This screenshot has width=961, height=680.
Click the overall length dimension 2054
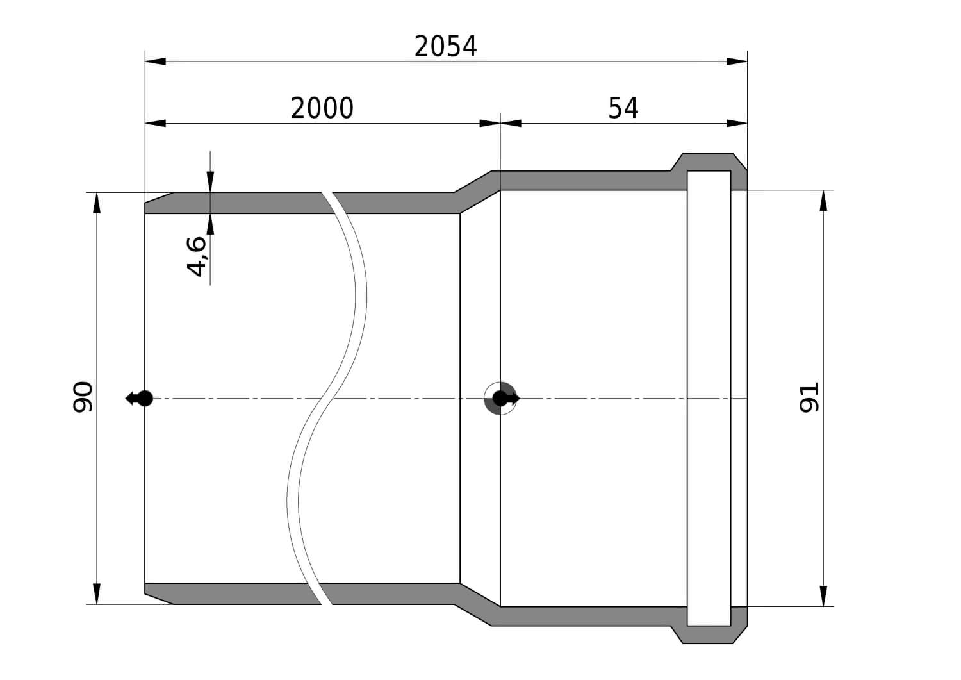pyautogui.click(x=445, y=47)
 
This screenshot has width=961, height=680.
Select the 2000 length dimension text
pyautogui.click(x=322, y=108)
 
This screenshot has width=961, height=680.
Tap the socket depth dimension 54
pyautogui.click(x=623, y=108)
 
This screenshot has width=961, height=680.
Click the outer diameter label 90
pyautogui.click(x=83, y=397)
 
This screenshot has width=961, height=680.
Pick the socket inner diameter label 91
pyautogui.click(x=809, y=397)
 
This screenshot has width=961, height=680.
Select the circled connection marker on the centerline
pyautogui.click(x=500, y=399)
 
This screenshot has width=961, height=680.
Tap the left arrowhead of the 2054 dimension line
pyautogui.click(x=155, y=62)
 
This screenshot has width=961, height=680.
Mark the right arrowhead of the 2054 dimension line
pyautogui.click(x=737, y=62)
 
